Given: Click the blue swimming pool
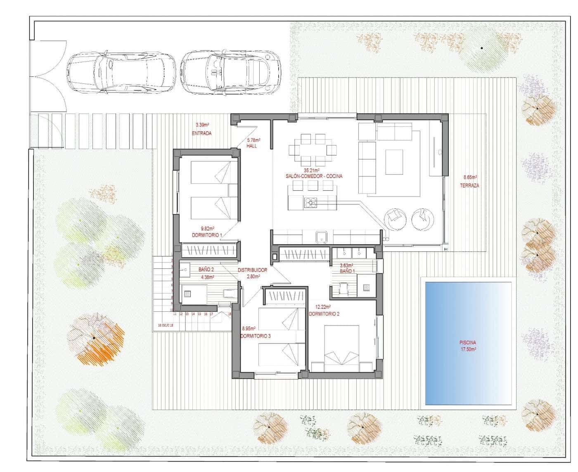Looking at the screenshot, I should [x=468, y=343].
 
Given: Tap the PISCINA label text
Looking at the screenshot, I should [x=468, y=342].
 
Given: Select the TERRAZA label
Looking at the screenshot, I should [x=469, y=186].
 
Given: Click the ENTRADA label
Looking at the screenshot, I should [x=201, y=133].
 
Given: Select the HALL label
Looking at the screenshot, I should [x=251, y=146].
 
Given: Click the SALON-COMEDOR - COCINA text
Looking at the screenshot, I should [x=314, y=176].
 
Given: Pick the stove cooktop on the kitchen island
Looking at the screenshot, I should [x=310, y=202].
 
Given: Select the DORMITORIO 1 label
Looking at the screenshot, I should [x=207, y=235].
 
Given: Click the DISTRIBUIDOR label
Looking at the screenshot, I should [x=252, y=270].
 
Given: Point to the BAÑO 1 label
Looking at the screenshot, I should [x=347, y=271].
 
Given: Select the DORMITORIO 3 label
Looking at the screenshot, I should [x=256, y=336].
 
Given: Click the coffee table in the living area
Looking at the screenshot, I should [x=394, y=162].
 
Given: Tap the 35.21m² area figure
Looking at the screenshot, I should [x=312, y=170].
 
